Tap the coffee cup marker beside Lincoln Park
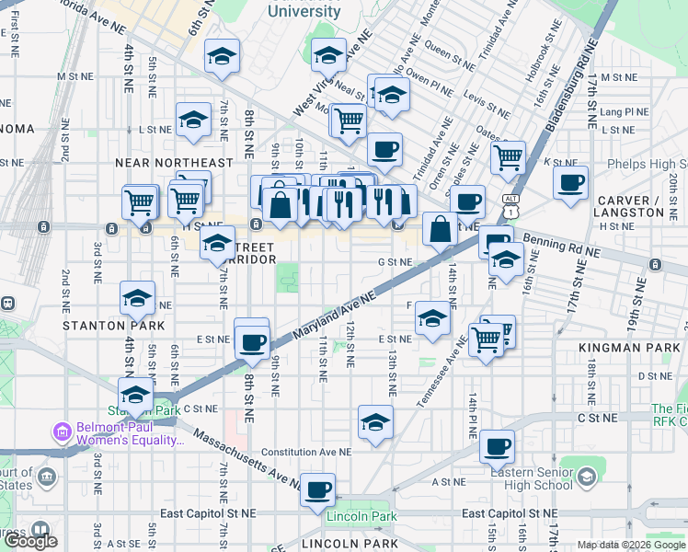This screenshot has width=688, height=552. [x=318, y=489]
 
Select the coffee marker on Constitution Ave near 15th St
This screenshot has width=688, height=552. [x=498, y=447]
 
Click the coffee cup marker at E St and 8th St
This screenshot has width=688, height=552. [x=251, y=341]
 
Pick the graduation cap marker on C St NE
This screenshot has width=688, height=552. [x=375, y=422]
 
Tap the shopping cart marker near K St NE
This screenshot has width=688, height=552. [x=508, y=158]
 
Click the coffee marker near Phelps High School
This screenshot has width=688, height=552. [x=571, y=181]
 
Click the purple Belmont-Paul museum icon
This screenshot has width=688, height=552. [x=63, y=431]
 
